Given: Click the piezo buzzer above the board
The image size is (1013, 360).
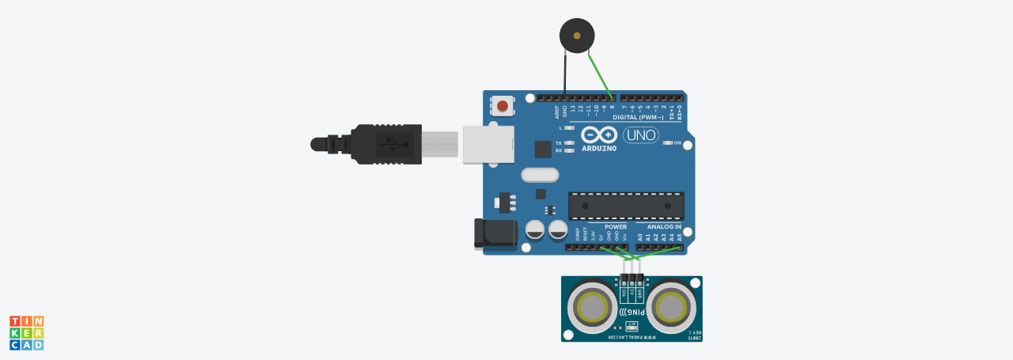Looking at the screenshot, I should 575,35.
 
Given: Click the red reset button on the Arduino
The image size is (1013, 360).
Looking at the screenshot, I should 502,105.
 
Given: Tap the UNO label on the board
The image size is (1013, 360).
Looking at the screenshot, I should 640,135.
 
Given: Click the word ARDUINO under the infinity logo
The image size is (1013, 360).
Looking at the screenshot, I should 598,148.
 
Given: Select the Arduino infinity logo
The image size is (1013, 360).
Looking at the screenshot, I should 598,135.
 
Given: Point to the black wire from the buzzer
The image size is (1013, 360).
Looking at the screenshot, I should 564,75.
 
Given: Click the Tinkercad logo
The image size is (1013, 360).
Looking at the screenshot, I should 26,332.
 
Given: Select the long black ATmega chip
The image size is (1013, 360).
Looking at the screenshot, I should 626,206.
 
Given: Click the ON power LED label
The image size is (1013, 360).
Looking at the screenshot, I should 677,143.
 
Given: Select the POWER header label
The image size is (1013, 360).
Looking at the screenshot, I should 616,226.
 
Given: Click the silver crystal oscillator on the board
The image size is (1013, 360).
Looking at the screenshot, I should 540,174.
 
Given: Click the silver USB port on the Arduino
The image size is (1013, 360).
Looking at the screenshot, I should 488,144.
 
